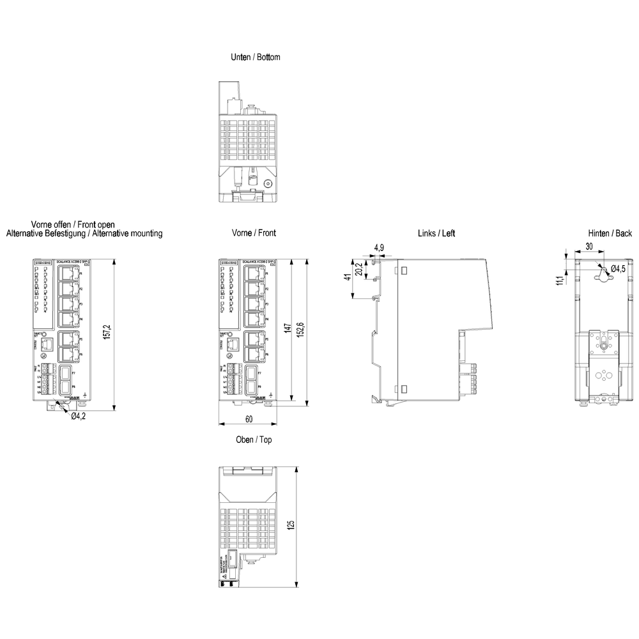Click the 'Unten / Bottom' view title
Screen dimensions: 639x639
coord(255,58)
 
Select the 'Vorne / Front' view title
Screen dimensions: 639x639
coord(254,233)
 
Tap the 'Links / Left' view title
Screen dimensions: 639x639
coord(436,233)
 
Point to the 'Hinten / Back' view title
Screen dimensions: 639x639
coord(610,233)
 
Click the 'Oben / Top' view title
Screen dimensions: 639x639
coord(254,440)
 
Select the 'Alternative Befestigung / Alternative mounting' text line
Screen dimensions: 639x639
coord(84,234)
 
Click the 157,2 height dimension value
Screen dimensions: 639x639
coord(108,332)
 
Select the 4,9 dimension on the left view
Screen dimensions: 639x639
coord(379,248)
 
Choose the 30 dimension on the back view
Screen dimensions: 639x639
coord(589,247)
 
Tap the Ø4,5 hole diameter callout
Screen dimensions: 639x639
coord(618,268)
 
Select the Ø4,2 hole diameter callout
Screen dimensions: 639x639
coord(79,416)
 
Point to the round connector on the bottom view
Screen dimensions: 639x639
coord(267,183)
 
